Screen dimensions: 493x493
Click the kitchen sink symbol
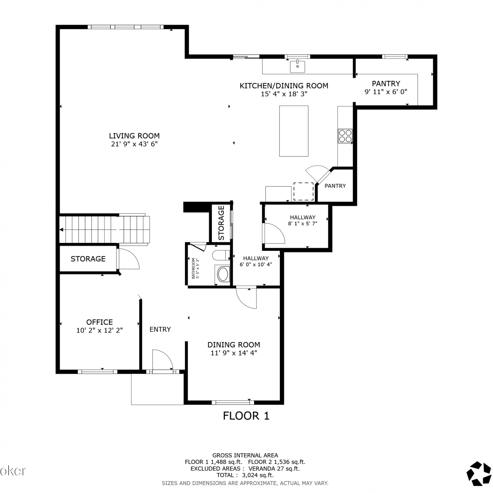pos(297,66)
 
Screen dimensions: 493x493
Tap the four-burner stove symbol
pos(345,136)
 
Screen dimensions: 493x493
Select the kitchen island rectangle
pos(294,131)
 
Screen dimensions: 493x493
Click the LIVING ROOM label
pos(134,136)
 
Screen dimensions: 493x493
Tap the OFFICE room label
pos(100,322)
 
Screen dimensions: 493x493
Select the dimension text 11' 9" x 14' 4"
pos(234,353)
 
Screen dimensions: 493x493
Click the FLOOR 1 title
pos(246,416)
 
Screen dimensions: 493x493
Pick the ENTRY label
pos(160,329)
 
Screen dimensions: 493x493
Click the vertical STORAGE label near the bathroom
pos(221,223)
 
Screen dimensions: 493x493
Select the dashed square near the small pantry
pos(303,192)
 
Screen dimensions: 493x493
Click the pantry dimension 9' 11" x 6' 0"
pos(386,92)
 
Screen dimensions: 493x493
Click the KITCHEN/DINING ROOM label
pos(284,86)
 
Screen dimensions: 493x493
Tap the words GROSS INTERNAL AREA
pos(245,455)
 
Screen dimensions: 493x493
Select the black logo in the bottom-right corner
pos(479,474)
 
